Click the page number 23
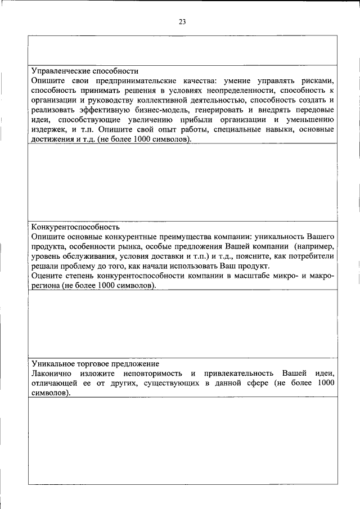(x=182, y=22)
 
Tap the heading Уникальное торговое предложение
(x=95, y=364)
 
